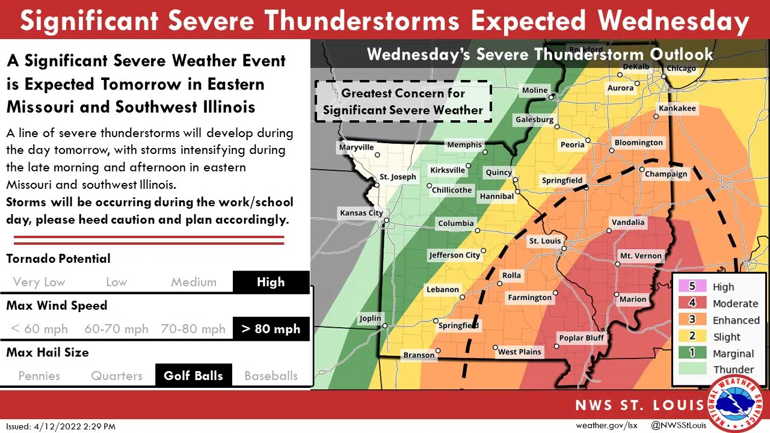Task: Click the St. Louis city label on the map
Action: [x=545, y=241]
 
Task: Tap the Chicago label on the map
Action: [x=680, y=68]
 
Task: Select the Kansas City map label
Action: [x=361, y=213]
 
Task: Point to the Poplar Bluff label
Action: [x=581, y=338]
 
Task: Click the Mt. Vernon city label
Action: [x=641, y=256]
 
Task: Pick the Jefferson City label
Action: [x=455, y=255]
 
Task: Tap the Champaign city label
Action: [x=666, y=174]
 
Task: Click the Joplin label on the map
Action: [x=370, y=319]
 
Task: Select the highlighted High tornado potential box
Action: [x=271, y=282]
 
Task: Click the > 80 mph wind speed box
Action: [x=271, y=329]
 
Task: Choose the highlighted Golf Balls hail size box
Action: [x=193, y=376]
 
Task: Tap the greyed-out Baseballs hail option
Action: [x=271, y=376]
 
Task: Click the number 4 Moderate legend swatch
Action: [x=692, y=303]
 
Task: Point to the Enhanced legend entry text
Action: [x=736, y=320]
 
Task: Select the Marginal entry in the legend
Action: [x=733, y=354]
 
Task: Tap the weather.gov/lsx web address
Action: [x=606, y=425]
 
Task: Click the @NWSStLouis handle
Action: [x=679, y=425]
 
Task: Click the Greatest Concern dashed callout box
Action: [x=403, y=102]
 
